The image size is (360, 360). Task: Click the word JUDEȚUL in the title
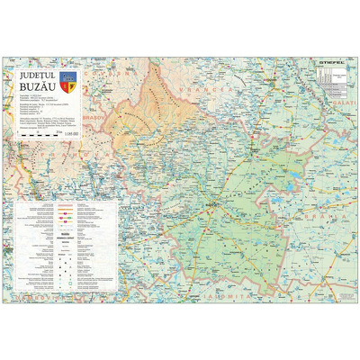coord(39,76)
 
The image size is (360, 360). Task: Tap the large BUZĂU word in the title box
coord(39,90)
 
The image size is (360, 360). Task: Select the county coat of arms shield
coord(73,84)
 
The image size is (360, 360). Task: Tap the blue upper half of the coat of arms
coord(73,80)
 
